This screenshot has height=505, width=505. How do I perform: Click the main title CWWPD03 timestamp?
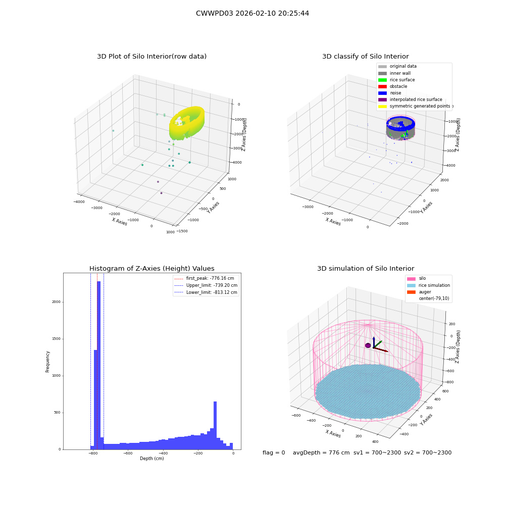pyautogui.click(x=252, y=13)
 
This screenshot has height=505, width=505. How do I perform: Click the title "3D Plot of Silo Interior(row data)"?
pyautogui.click(x=151, y=57)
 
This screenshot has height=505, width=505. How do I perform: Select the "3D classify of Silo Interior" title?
pyautogui.click(x=366, y=57)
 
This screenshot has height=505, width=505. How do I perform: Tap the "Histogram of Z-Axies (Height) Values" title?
pyautogui.click(x=151, y=268)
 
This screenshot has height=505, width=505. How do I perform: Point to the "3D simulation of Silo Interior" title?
pyautogui.click(x=366, y=268)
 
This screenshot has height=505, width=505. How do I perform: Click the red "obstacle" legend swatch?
pyautogui.click(x=382, y=86)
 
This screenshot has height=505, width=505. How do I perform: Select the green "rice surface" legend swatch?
pyautogui.click(x=382, y=80)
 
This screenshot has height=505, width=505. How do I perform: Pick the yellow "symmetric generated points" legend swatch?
pyautogui.click(x=382, y=106)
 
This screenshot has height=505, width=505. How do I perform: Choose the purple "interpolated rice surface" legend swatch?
pyautogui.click(x=382, y=99)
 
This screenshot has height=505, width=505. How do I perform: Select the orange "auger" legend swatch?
pyautogui.click(x=411, y=292)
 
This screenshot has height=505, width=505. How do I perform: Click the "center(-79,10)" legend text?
pyautogui.click(x=434, y=298)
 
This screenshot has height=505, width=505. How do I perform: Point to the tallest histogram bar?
pyautogui.click(x=98, y=365)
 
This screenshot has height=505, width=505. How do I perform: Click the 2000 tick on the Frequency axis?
pyautogui.click(x=57, y=302)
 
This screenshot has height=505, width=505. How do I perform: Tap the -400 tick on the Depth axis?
pyautogui.click(x=163, y=453)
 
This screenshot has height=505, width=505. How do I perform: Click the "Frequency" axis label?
pyautogui.click(x=47, y=362)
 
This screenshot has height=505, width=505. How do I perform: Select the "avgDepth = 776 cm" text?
pyautogui.click(x=321, y=452)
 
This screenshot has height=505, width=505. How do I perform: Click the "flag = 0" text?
pyautogui.click(x=274, y=452)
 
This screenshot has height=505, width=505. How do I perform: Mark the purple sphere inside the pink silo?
pyautogui.click(x=368, y=345)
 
